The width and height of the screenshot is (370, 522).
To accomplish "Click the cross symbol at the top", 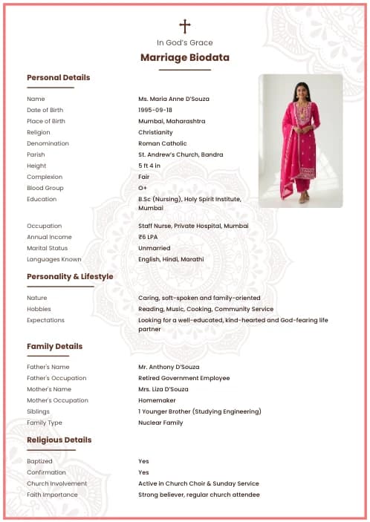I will click(x=185, y=27).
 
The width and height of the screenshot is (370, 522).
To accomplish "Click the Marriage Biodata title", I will click(x=185, y=57).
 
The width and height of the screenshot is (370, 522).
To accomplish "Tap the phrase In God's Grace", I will click(x=185, y=42).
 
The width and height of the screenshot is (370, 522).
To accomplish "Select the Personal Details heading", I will click(x=58, y=77).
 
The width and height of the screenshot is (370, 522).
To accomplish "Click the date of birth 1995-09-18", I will click(x=155, y=110).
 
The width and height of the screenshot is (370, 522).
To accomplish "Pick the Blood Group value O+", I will click(x=143, y=188).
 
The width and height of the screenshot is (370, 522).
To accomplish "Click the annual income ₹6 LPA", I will click(x=148, y=237).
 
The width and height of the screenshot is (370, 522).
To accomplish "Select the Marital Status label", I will click(x=47, y=248).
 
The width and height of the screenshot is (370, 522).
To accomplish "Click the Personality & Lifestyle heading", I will click(x=70, y=276).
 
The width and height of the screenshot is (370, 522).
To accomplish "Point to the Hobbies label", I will click(x=39, y=309).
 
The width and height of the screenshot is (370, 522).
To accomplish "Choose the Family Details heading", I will click(x=54, y=346).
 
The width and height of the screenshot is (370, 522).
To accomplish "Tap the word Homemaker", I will click(x=155, y=400).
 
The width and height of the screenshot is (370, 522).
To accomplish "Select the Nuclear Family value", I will click(x=160, y=423).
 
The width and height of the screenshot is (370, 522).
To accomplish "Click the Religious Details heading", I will click(x=59, y=440).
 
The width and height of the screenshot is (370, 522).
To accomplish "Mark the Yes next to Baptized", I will click(x=143, y=461).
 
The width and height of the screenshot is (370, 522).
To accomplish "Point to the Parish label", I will click(x=36, y=154).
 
